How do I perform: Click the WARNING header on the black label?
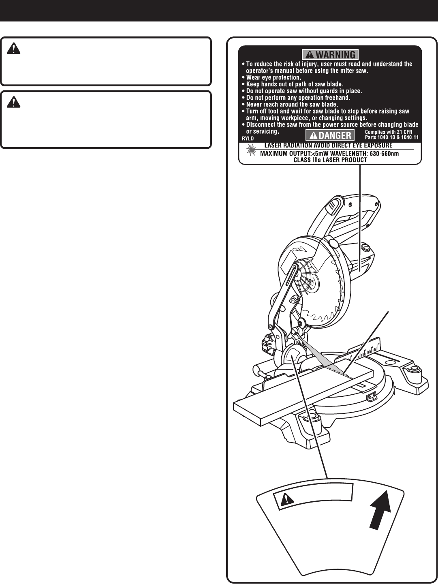point(330,54)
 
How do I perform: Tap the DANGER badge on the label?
point(330,135)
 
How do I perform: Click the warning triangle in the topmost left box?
point(14,49)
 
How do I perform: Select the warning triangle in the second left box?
point(14,103)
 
